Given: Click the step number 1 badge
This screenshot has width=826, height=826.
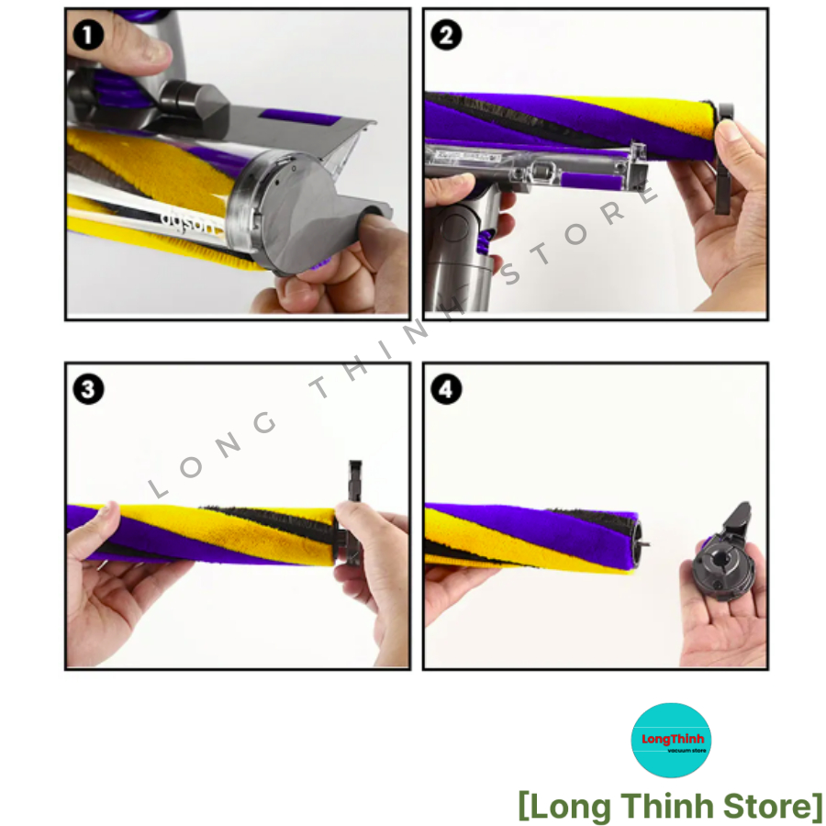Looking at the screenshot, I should [x=87, y=36].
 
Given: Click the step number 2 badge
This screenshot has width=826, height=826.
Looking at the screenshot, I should [x=446, y=36].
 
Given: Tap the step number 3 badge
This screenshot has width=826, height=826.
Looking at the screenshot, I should [x=88, y=389].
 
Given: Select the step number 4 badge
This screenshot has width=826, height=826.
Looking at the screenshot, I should [x=446, y=389].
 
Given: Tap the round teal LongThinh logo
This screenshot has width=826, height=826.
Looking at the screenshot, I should [x=671, y=740].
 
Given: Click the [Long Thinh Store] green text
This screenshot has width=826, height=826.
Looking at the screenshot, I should [x=670, y=806].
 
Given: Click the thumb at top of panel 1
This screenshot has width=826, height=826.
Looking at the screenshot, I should [x=138, y=41].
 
